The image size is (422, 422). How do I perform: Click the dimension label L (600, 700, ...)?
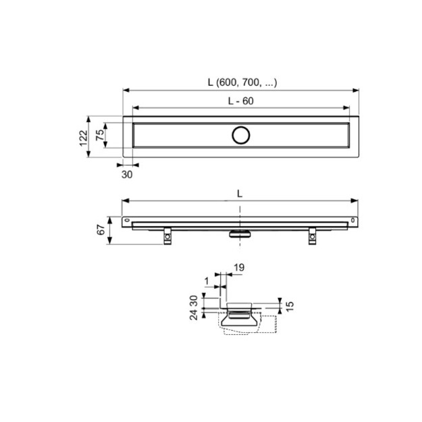coord(242,82)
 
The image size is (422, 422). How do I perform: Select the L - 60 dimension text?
coord(241,101)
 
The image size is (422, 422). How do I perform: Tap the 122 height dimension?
coord(84,138)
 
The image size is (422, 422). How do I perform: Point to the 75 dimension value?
coord(100,135)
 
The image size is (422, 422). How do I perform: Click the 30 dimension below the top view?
coord(127,175)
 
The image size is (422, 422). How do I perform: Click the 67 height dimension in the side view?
coord(101,230)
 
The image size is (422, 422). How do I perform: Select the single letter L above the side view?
coord(240,194)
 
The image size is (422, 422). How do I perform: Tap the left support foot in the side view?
coord(167,236)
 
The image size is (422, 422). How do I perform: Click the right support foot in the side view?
coord(312,236)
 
